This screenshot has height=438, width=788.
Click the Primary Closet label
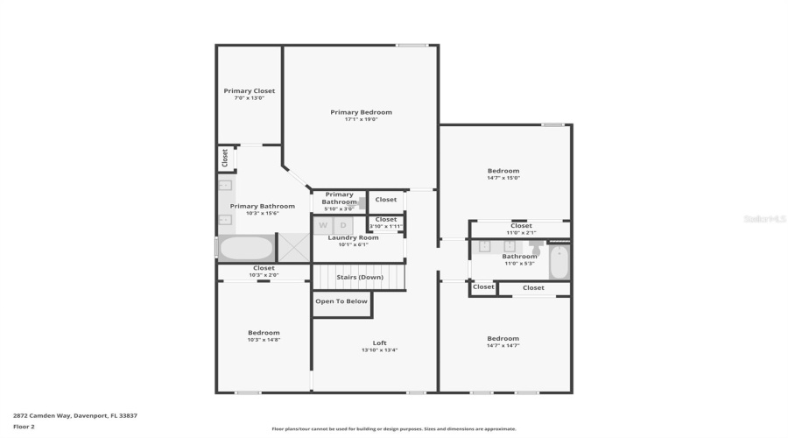249,91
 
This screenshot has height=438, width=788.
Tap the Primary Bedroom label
361,112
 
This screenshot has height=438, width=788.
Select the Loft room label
379,343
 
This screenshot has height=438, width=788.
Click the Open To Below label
341,301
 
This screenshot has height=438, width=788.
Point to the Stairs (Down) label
360,277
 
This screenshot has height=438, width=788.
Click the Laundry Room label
353,237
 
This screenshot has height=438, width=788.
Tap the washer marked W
323,225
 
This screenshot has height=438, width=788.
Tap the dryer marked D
343,225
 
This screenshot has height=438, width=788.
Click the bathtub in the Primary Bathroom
246,248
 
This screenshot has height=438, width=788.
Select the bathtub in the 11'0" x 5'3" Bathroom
559,261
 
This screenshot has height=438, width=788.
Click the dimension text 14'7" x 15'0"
503,178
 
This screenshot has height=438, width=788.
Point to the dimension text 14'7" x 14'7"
503,346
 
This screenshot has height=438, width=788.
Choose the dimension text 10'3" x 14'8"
264,340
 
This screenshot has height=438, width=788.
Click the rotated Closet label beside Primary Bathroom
225,158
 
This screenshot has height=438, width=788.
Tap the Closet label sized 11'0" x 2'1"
522,226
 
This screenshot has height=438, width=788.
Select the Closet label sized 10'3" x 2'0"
264,268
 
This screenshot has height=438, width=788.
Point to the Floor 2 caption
24,427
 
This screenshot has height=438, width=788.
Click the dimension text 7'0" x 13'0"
249,98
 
